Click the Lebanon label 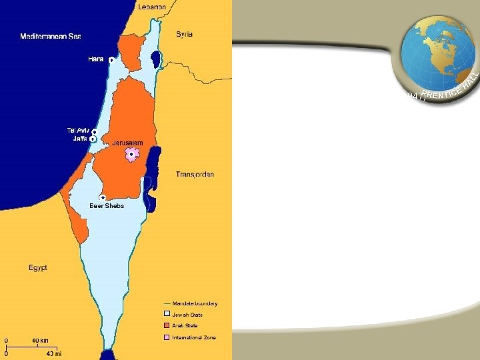(152, 7)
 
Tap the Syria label (185, 34)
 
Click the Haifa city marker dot (111, 60)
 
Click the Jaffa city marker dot (92, 139)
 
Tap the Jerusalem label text (127, 143)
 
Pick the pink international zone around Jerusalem (132, 155)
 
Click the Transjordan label (195, 175)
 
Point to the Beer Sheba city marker (103, 197)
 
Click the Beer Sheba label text (107, 206)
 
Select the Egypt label (38, 267)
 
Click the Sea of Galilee (156, 58)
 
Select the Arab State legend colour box (167, 326)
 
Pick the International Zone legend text (194, 337)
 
